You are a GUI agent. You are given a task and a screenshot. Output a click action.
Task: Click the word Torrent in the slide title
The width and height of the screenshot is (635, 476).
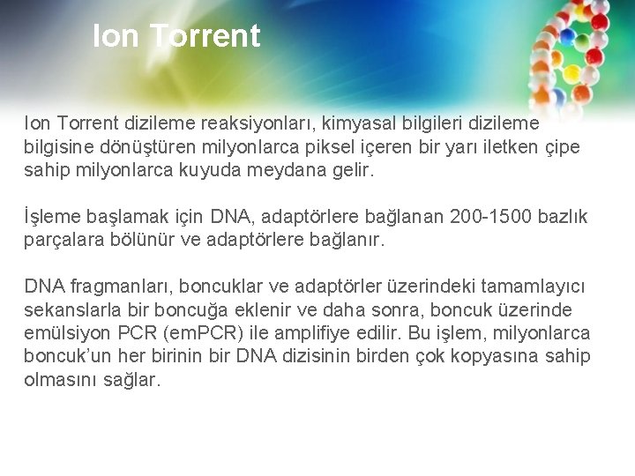click(205, 36)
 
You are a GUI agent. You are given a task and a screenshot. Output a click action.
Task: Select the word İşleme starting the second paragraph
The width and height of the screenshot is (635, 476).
click(52, 216)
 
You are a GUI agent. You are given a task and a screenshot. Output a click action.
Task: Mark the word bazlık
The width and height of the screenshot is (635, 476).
click(565, 216)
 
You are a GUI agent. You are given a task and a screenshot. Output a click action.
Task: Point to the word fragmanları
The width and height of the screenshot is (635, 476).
click(111, 286)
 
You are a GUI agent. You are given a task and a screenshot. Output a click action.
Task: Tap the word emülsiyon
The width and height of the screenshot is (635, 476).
click(63, 333)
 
